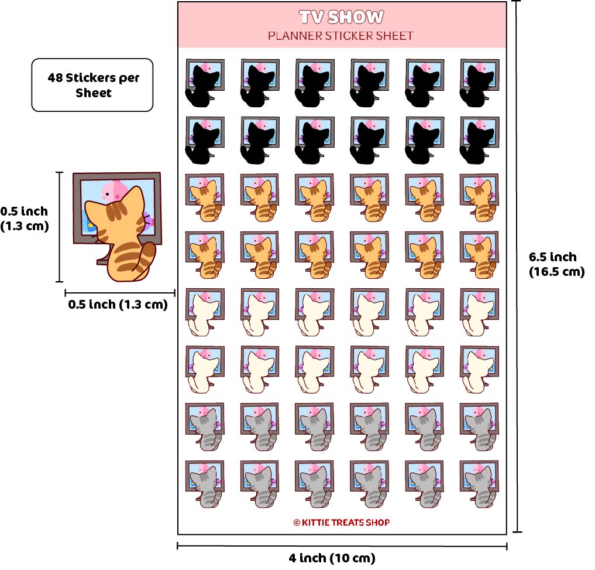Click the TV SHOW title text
click(341, 17)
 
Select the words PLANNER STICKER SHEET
click(341, 36)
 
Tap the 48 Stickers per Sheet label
click(93, 85)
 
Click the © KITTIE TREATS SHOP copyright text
click(341, 522)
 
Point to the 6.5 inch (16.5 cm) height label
click(556, 264)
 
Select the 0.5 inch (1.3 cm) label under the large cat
click(118, 305)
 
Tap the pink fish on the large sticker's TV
click(113, 190)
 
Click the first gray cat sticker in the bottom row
click(204, 483)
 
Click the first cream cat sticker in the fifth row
click(204, 312)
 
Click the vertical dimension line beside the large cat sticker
click(59, 227)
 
